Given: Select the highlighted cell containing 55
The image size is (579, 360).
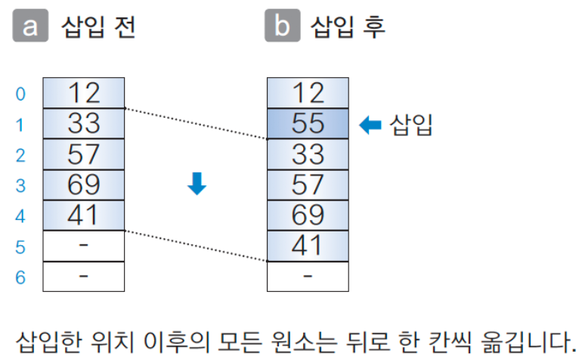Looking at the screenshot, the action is (308, 123).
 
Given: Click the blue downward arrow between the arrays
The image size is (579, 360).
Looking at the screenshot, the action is (197, 184).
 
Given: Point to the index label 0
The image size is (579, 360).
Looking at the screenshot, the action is (20, 95).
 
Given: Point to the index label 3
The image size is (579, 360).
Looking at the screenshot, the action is (20, 186).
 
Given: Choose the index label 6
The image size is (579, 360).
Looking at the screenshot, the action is (20, 278).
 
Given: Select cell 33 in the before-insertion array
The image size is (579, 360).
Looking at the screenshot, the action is (83, 123).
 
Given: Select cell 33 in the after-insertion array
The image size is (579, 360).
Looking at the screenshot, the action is (308, 154).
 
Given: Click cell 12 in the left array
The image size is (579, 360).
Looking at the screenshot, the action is (83, 93).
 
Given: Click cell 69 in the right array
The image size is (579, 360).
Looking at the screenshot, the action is (308, 216).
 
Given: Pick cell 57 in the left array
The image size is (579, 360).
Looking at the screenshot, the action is (83, 154).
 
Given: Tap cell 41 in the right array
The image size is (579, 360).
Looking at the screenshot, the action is (308, 246).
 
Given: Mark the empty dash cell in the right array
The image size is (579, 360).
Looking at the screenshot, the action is (308, 276).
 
